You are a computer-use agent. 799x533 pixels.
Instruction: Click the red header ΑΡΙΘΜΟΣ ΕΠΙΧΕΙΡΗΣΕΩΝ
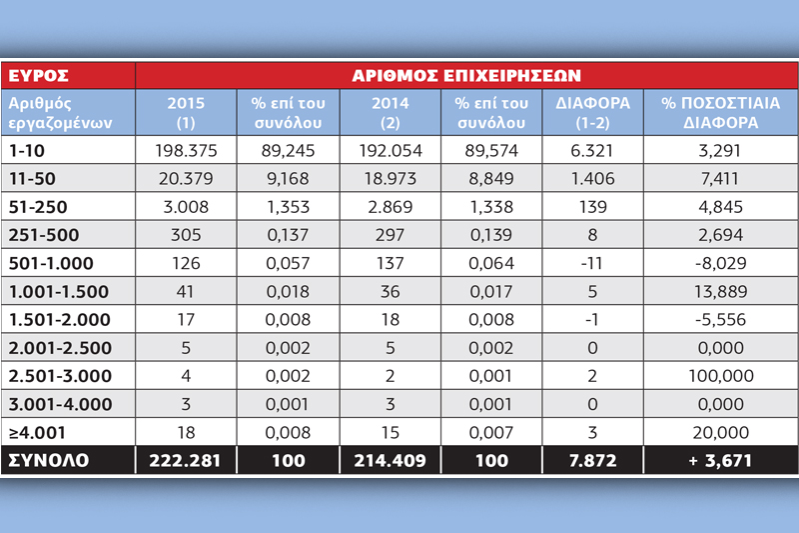[x=466, y=75]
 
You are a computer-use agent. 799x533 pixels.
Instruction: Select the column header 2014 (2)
[x=390, y=113]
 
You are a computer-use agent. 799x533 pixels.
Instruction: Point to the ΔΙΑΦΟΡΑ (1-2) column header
[x=592, y=113]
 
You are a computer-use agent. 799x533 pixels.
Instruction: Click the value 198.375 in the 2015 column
[x=186, y=150]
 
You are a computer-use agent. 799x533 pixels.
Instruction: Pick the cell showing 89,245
[x=288, y=150]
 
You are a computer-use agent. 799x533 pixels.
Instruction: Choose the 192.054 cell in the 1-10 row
[x=391, y=150]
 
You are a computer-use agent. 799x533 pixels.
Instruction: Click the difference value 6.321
[x=592, y=150]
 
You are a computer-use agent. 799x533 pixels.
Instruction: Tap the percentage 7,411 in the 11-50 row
[x=720, y=179]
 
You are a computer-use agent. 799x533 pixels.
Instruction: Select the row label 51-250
[x=38, y=207]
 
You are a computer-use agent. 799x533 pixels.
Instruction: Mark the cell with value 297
[x=390, y=235]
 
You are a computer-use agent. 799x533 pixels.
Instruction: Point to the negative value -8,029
[x=720, y=263]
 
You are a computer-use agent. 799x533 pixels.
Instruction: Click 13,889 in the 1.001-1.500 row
[x=720, y=292]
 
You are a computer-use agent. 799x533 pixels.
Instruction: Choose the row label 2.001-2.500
[x=60, y=348]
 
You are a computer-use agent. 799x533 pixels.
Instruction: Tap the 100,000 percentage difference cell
[x=720, y=376]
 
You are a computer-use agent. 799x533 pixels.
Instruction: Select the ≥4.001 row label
[x=37, y=433]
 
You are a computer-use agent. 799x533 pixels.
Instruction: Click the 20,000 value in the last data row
[x=720, y=433]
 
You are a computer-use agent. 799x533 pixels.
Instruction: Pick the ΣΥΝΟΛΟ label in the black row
[x=48, y=461]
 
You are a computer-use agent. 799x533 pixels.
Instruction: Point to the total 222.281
[x=185, y=461]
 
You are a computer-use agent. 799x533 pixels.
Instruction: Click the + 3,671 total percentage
[x=720, y=461]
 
